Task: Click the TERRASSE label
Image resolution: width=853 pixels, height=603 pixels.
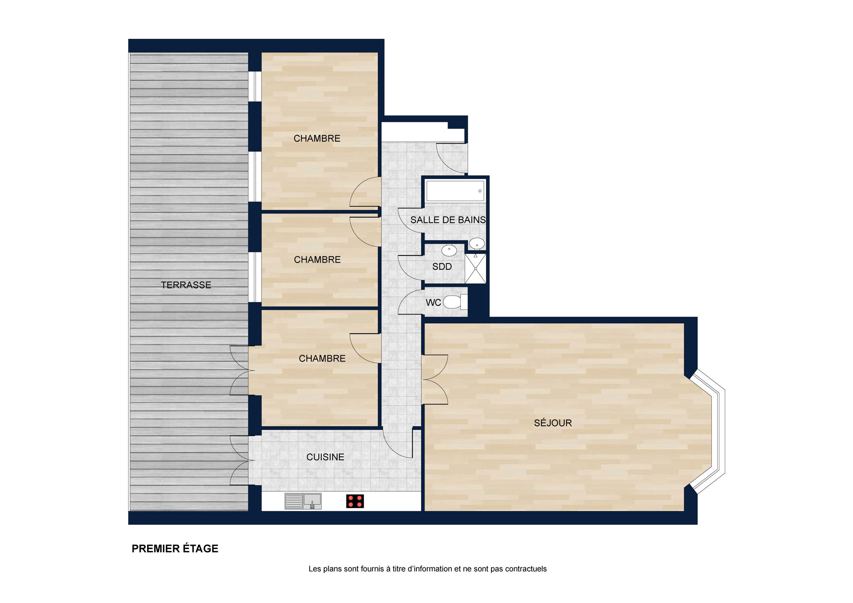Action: [x=186, y=285]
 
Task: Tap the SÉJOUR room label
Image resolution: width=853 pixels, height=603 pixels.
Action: [x=553, y=423]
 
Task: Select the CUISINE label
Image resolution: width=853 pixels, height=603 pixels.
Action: [x=325, y=457]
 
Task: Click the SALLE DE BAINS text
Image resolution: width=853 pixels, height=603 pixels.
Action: [x=448, y=220]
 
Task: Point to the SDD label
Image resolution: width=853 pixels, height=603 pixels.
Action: [x=442, y=267]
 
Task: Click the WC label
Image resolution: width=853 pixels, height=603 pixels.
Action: [x=433, y=302]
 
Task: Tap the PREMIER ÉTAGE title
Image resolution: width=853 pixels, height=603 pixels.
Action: [x=175, y=549]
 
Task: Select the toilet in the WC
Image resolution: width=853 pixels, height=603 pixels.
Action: [x=455, y=301]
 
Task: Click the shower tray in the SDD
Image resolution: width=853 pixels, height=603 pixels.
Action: [x=476, y=268]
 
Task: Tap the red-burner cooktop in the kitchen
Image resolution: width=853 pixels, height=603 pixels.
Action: [x=355, y=501]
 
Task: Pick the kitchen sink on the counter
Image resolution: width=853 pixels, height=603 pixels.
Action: [x=303, y=501]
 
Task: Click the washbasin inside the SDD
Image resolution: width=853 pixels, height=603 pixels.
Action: [x=449, y=250]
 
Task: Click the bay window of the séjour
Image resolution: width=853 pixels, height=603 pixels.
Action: [x=708, y=432]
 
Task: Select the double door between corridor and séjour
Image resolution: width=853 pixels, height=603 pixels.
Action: [x=435, y=379]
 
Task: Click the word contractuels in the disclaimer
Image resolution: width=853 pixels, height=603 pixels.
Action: [x=526, y=569]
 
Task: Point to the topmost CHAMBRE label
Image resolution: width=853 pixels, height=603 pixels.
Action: [x=317, y=139]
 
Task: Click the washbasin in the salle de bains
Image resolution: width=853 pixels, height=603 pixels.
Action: [x=477, y=243]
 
